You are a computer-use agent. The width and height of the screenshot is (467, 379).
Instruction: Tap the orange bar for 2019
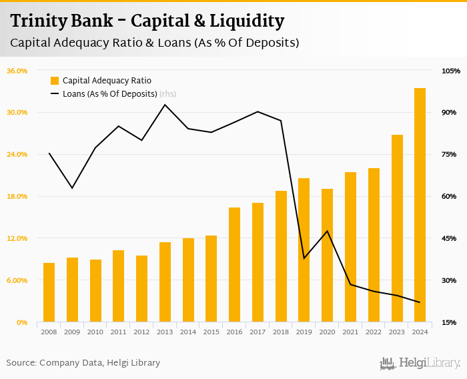tap(304, 250)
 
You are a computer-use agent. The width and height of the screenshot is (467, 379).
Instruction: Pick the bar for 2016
tap(234, 265)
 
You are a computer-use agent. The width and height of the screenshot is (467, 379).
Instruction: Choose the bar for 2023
tap(397, 229)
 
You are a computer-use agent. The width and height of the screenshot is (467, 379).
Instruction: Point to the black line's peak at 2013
tap(165, 105)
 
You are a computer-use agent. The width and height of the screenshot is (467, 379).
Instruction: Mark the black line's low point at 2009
tap(72, 188)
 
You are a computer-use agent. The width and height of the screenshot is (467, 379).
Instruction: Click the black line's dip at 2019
tap(304, 258)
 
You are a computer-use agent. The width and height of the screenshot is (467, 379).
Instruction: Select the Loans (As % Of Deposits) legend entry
tap(109, 94)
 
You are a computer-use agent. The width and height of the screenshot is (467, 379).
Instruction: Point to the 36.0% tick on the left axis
tap(17, 71)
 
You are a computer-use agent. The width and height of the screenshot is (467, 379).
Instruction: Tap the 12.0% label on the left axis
tap(17, 238)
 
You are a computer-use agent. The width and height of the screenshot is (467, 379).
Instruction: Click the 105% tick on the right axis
tap(451, 71)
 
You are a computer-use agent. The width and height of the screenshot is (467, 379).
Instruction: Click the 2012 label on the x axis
tap(141, 332)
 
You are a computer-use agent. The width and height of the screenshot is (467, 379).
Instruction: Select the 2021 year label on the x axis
tap(350, 332)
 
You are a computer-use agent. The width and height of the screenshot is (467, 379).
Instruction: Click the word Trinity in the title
tap(37, 21)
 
